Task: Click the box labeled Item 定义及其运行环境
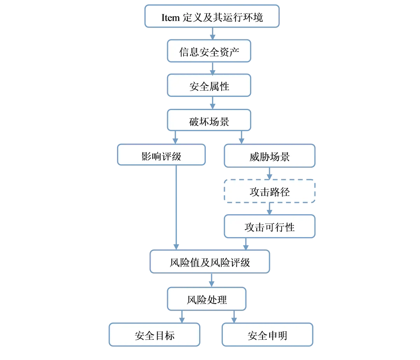pos(212,16)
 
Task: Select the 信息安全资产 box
pos(209,51)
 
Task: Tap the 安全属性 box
pos(209,86)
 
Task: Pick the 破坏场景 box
pos(209,121)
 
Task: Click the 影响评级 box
pos(161,156)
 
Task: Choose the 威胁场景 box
pos(269,156)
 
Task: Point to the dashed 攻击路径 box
pos(269,191)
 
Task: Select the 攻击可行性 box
pos(269,227)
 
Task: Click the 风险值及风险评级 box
pos(210,262)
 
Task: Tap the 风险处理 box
pos(206,299)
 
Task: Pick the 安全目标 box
pos(154,335)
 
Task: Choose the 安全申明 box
pos(267,335)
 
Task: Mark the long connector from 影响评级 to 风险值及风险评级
pos(176,206)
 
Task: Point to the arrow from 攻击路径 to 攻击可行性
pos(269,209)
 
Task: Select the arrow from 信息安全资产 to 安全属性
pos(212,69)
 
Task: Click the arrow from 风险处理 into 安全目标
pos(181,316)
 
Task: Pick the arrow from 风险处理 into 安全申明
pos(234,316)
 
